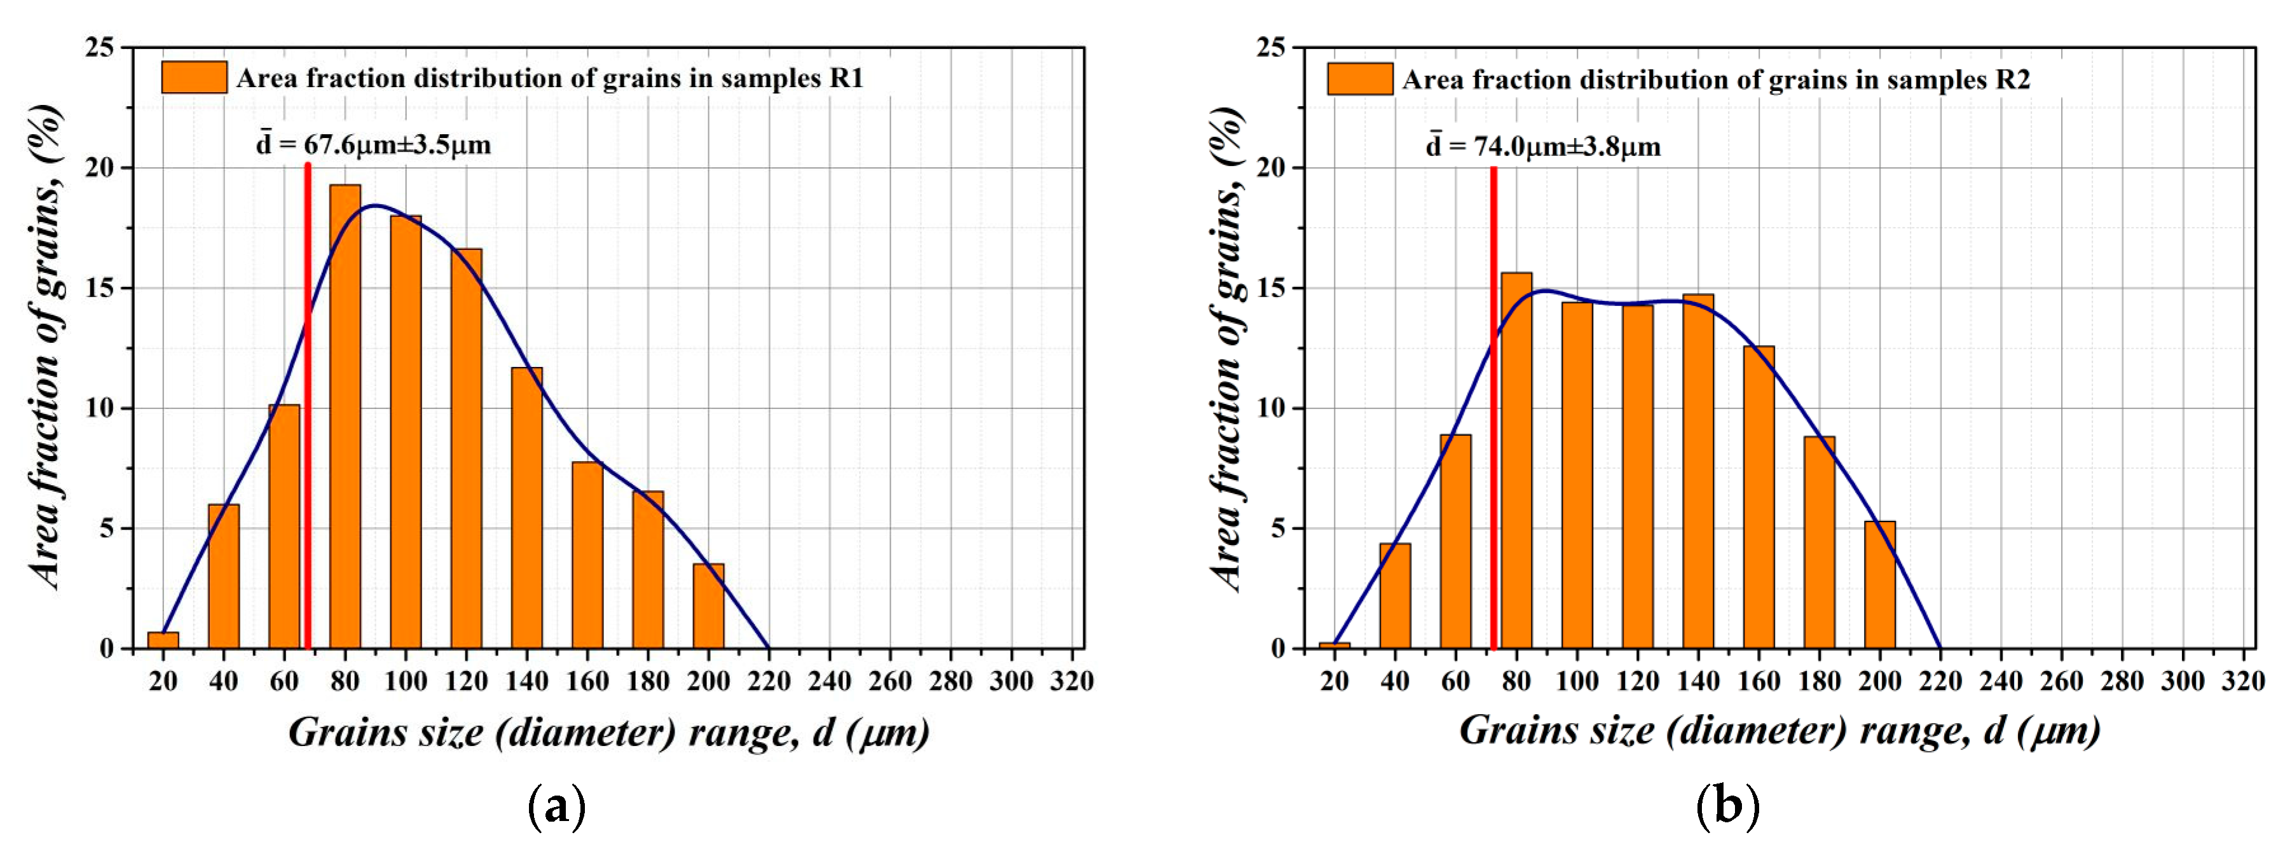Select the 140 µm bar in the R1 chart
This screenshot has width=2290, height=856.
coord(526,507)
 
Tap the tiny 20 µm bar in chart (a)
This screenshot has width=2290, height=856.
coord(163,640)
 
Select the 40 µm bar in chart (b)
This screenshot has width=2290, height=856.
coord(1395,595)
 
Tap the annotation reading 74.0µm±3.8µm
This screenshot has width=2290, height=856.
coord(1544,146)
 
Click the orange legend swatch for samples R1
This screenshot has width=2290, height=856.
coord(194,78)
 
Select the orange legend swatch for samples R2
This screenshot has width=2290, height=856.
coord(1360,79)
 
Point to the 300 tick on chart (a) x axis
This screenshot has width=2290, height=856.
coord(1011,682)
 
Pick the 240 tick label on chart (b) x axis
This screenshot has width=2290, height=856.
coord(2000,682)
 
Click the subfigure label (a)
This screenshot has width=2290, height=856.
coord(556,807)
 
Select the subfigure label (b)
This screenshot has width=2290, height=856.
coord(1727,807)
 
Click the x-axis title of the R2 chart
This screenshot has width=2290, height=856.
coord(1779,731)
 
